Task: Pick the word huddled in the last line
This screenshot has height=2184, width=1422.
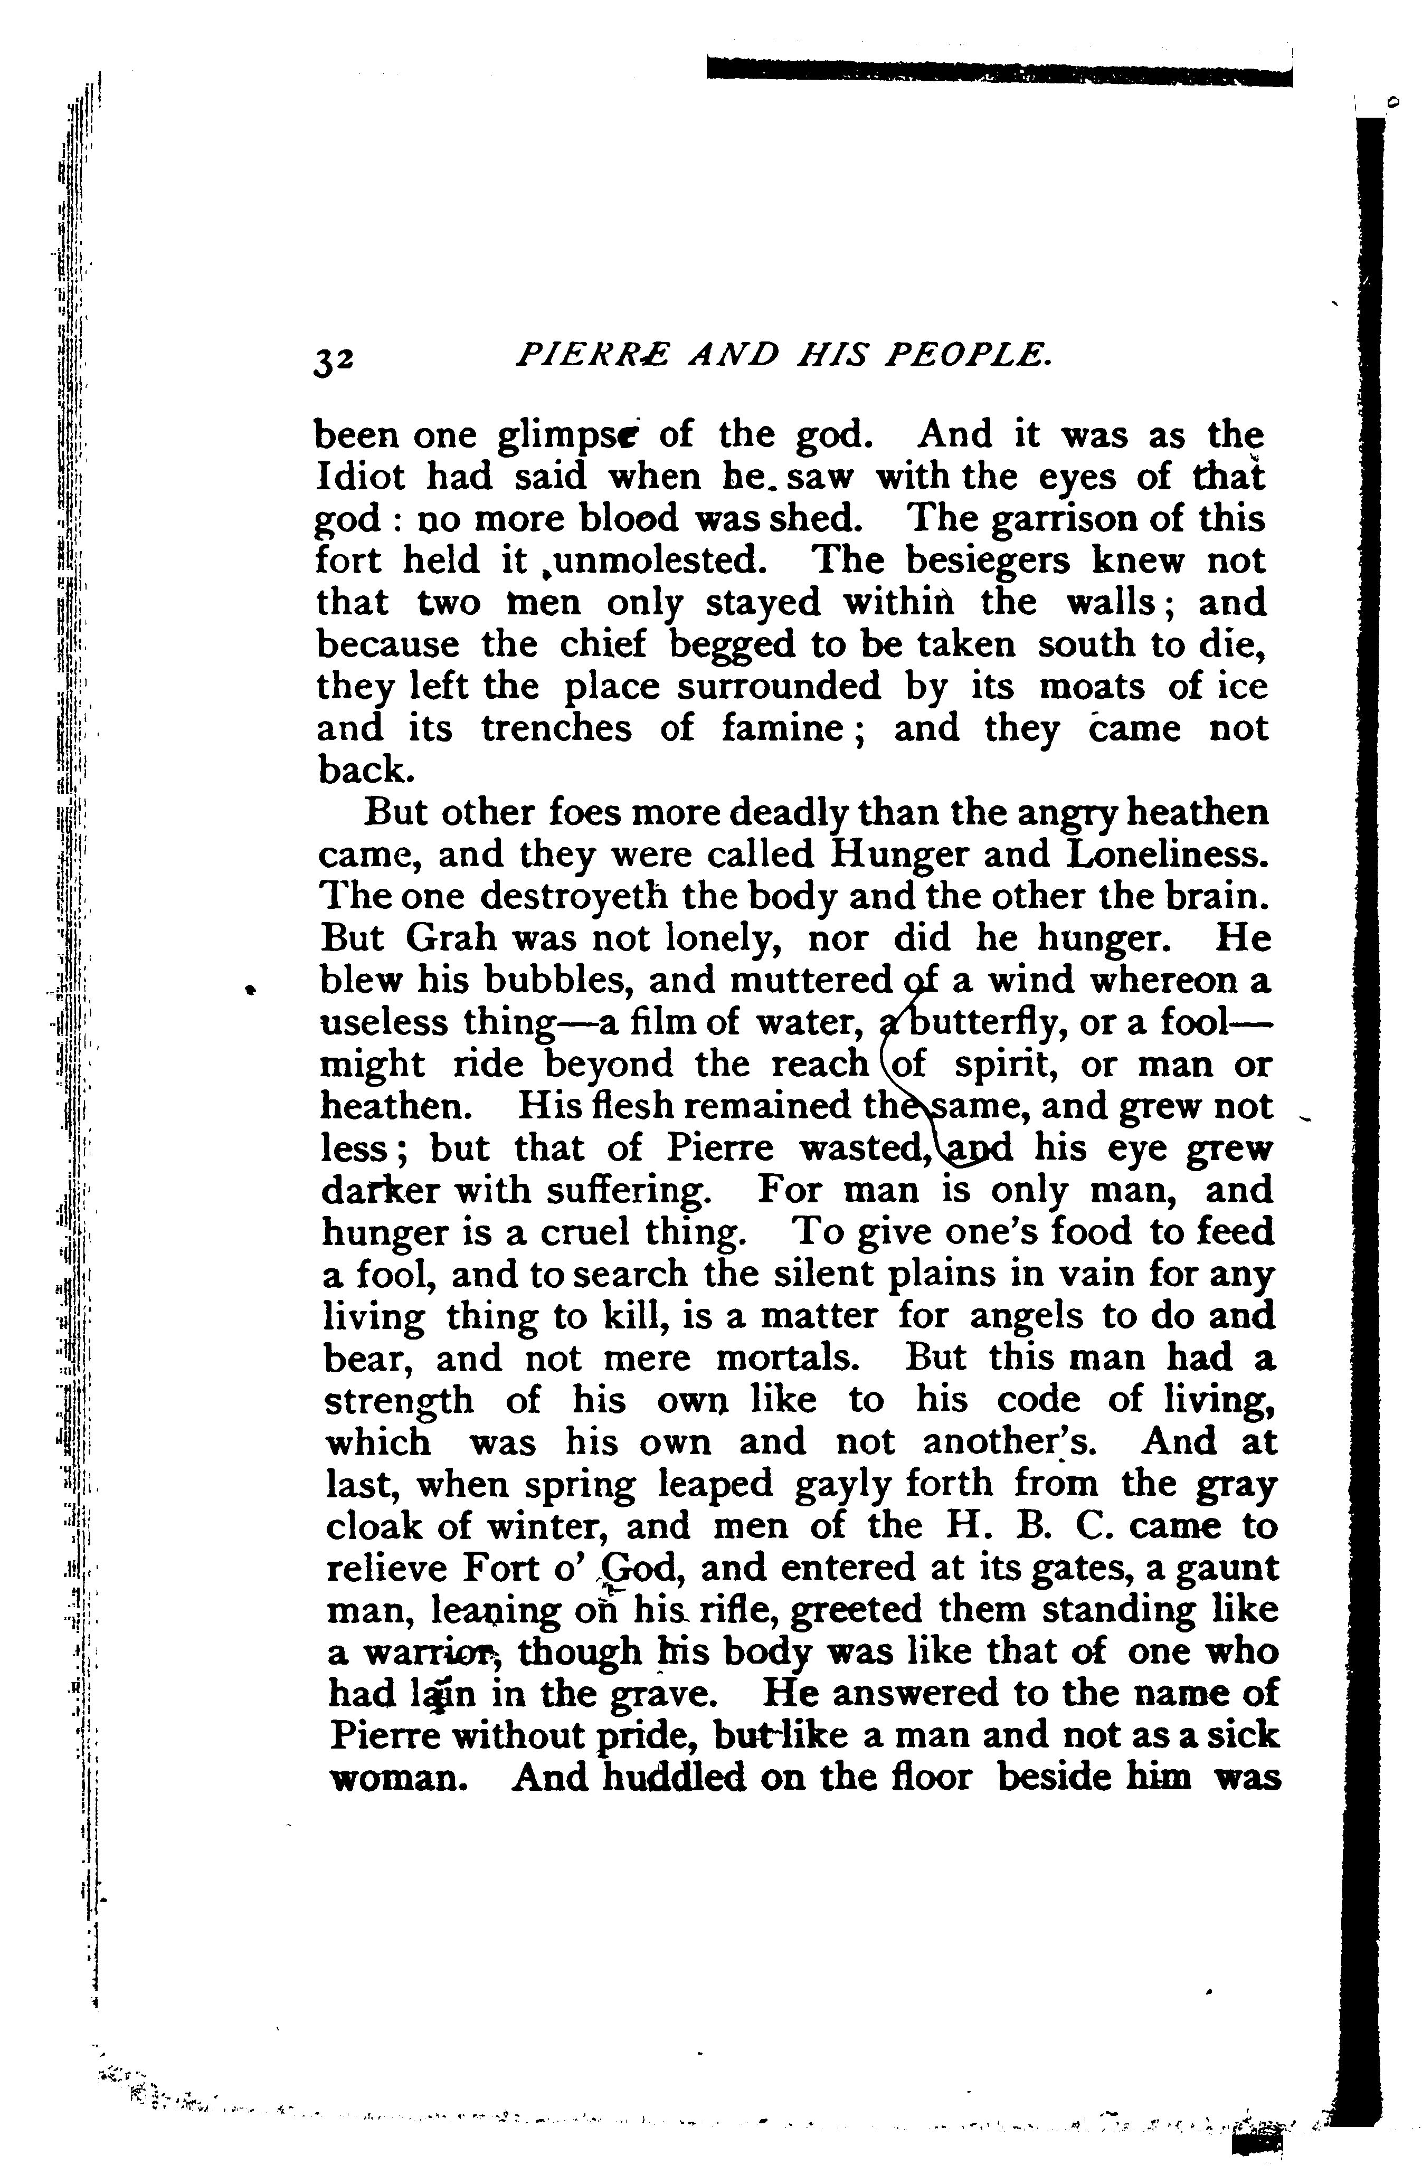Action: tap(670, 1779)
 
